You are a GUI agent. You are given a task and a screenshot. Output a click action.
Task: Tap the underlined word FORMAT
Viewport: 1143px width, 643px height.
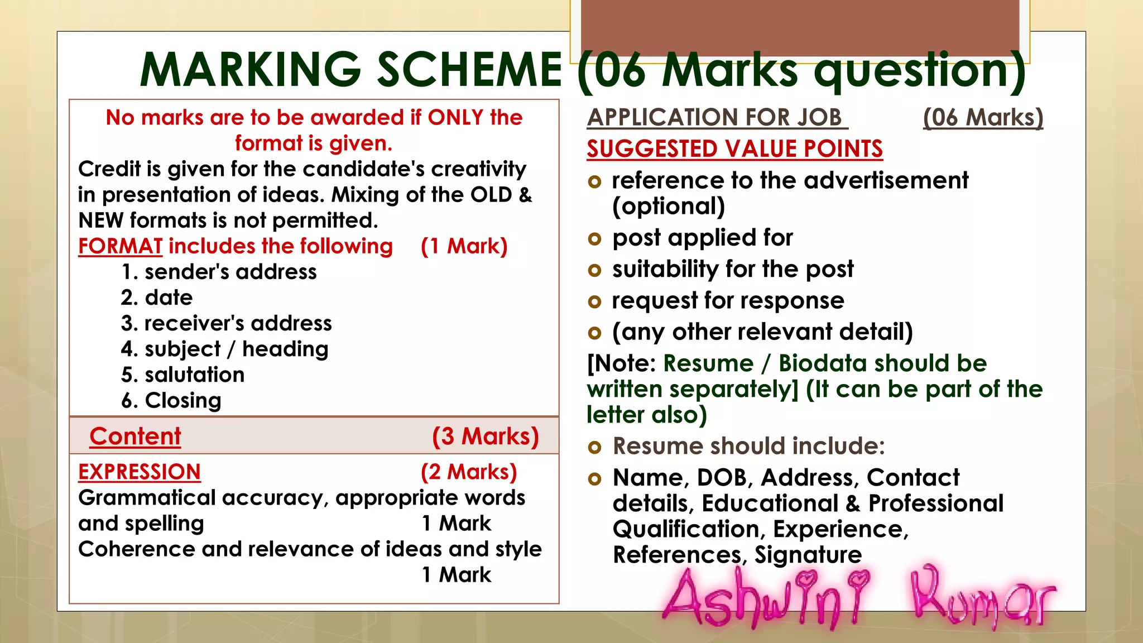tap(120, 246)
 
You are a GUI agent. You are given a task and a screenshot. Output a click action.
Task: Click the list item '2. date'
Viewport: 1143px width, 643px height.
tap(157, 297)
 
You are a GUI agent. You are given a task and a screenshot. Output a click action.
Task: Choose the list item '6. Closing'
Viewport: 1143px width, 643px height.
tap(171, 400)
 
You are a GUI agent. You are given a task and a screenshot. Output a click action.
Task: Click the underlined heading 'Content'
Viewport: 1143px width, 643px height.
tap(135, 436)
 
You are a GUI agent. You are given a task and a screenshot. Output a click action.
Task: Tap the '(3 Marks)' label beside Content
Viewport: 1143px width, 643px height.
tap(485, 436)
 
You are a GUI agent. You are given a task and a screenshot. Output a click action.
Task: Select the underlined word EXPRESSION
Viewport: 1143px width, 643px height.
tap(139, 472)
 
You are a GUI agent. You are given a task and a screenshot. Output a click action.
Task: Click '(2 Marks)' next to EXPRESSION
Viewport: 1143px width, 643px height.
tap(468, 472)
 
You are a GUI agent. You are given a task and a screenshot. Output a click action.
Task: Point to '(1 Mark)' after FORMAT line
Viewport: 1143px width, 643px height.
tap(464, 246)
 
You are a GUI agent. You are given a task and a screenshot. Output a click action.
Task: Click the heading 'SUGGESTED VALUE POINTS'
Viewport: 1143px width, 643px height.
tap(734, 149)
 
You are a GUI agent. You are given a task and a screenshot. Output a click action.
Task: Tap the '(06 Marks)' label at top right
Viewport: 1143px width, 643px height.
tap(983, 117)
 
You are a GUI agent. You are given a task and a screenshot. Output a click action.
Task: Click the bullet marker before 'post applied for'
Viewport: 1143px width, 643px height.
tap(594, 239)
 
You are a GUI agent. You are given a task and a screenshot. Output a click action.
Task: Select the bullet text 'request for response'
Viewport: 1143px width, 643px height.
tap(728, 300)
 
